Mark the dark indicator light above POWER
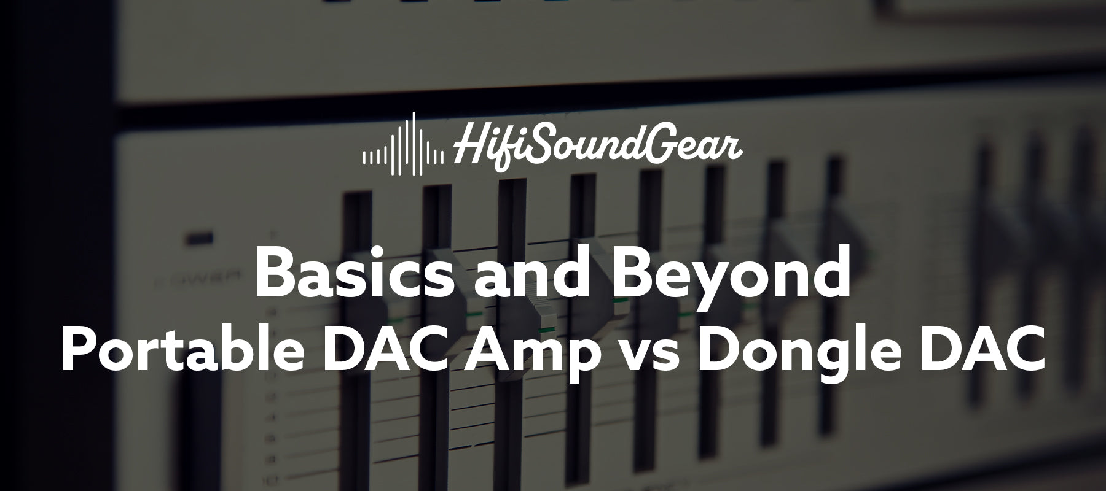201,237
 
